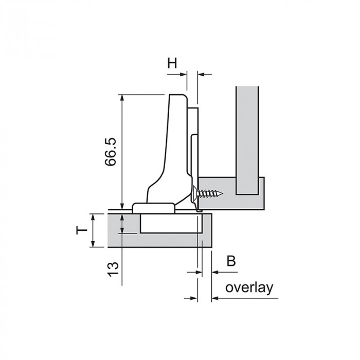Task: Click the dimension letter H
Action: [172, 63]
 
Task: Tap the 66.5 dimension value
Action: [111, 152]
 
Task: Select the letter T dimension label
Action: [82, 230]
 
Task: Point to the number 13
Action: [113, 269]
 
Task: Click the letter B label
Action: [231, 261]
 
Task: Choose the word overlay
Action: [249, 287]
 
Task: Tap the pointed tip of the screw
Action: [223, 194]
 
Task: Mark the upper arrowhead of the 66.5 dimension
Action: [122, 97]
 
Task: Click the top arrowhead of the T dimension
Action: [93, 217]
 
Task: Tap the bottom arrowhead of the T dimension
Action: [93, 244]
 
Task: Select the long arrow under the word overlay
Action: [245, 298]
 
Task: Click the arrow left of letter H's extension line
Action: [177, 75]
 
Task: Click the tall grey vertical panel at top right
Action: [247, 140]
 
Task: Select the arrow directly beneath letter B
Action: [225, 272]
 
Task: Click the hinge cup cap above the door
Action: [153, 208]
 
